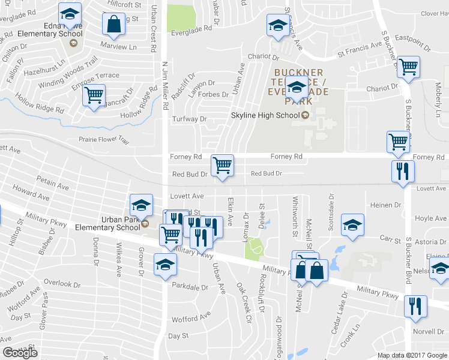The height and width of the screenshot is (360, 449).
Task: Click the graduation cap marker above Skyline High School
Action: click(x=296, y=88)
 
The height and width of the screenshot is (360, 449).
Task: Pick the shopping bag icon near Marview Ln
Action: click(x=113, y=25)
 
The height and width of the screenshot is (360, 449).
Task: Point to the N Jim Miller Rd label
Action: click(x=165, y=85)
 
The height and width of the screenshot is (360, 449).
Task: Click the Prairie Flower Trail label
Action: click(x=104, y=140)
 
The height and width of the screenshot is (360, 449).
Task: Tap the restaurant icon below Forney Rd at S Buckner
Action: click(x=400, y=170)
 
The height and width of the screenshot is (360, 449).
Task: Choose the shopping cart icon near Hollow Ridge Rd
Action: click(x=94, y=95)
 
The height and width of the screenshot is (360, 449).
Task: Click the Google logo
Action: click(x=20, y=353)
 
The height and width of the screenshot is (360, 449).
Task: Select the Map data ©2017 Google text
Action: click(x=412, y=355)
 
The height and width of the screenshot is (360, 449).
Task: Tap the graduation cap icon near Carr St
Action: click(x=352, y=226)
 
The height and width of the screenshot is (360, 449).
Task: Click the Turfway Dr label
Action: click(x=189, y=119)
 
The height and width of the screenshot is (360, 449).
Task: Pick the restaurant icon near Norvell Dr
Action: click(x=415, y=305)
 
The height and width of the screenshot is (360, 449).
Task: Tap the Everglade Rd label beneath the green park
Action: click(x=192, y=28)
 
